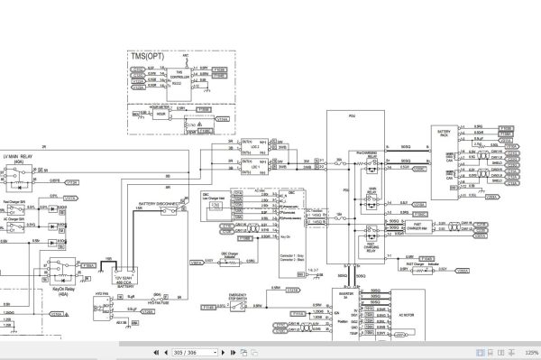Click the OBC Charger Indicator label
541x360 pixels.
(228, 257)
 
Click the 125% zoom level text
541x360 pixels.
(531, 352)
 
